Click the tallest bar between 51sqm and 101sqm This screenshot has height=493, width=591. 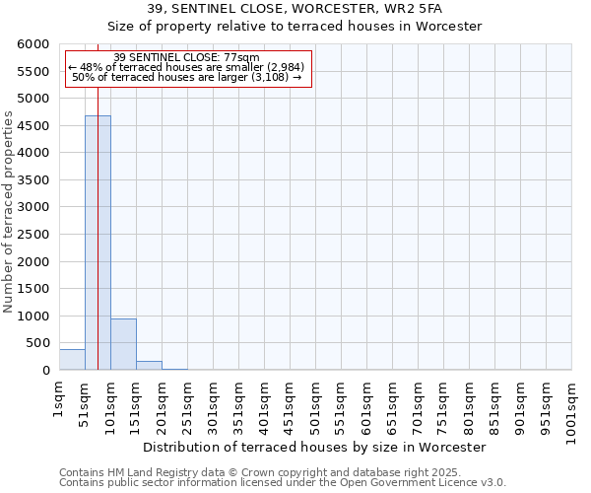(98, 243)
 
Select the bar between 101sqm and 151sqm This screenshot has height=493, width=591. (123, 344)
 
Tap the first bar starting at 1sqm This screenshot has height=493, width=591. (72, 360)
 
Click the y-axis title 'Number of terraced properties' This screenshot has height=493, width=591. (10, 211)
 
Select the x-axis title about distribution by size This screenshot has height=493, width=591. (314, 447)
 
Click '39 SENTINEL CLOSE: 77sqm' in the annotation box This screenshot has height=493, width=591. (187, 57)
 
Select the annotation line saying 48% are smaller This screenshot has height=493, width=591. (187, 67)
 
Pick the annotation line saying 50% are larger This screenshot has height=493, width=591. (187, 77)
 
